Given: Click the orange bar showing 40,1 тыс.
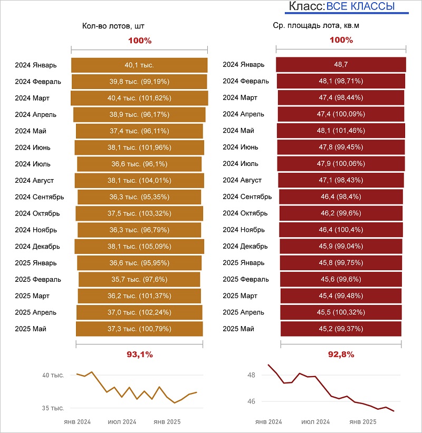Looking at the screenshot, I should point(139,65).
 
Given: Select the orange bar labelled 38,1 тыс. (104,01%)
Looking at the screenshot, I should point(139,181).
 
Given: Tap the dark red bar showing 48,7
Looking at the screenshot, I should point(341,65).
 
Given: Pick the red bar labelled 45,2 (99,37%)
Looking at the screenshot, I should point(341,329).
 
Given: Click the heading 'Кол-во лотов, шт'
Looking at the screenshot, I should point(113,25).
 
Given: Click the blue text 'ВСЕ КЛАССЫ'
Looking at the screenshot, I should point(360,7).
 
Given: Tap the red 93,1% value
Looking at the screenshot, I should point(140,355).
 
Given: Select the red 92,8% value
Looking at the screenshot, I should point(341,355).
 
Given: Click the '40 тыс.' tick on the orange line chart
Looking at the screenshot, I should point(53,376).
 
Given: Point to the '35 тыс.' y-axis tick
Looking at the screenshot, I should point(53,408).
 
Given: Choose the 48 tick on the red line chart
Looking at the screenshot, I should point(251,376).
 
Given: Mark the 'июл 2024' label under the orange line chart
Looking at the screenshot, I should point(122,422).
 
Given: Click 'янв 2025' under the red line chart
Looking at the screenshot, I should point(363,422).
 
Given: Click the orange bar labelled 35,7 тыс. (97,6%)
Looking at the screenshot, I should point(139,279).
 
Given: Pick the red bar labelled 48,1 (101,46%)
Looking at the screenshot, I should point(341,131).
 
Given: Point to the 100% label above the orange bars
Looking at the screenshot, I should point(140,41).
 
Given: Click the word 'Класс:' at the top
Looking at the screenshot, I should point(306,7).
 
